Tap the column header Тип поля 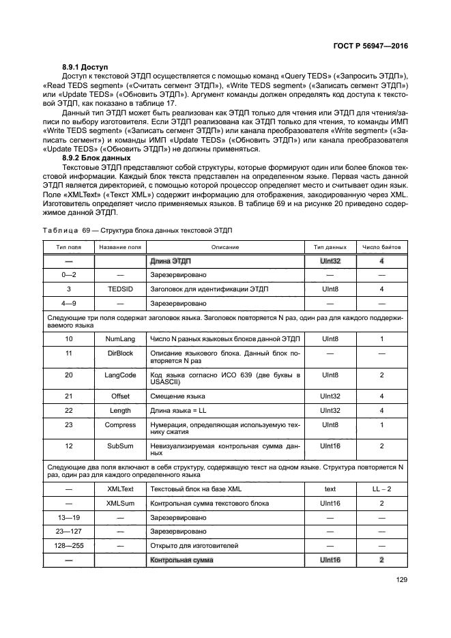tap(68, 246)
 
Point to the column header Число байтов tap(381, 246)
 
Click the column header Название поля tap(120, 246)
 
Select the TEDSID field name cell tap(120, 289)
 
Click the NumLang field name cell tap(120, 338)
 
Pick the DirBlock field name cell tap(120, 353)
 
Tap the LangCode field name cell tap(120, 375)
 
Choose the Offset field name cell tap(120, 396)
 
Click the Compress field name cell tap(120, 424)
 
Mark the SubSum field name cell tap(120, 446)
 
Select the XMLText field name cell tap(120, 489)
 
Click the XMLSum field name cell tap(120, 503)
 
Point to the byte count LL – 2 tap(381, 489)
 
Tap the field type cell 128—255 tap(68, 545)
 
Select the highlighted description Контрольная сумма tap(181, 560)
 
